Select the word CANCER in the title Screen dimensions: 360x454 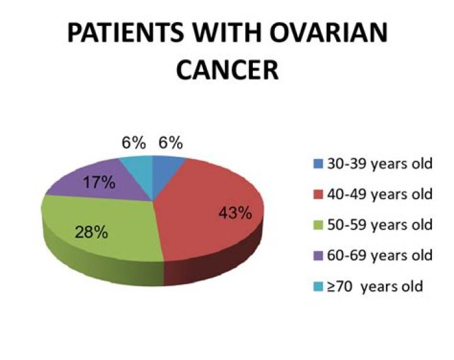coord(227,70)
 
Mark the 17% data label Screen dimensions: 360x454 coord(100,183)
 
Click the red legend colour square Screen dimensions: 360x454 coord(317,195)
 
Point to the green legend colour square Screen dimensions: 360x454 coord(317,225)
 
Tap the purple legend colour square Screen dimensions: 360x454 coord(317,256)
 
